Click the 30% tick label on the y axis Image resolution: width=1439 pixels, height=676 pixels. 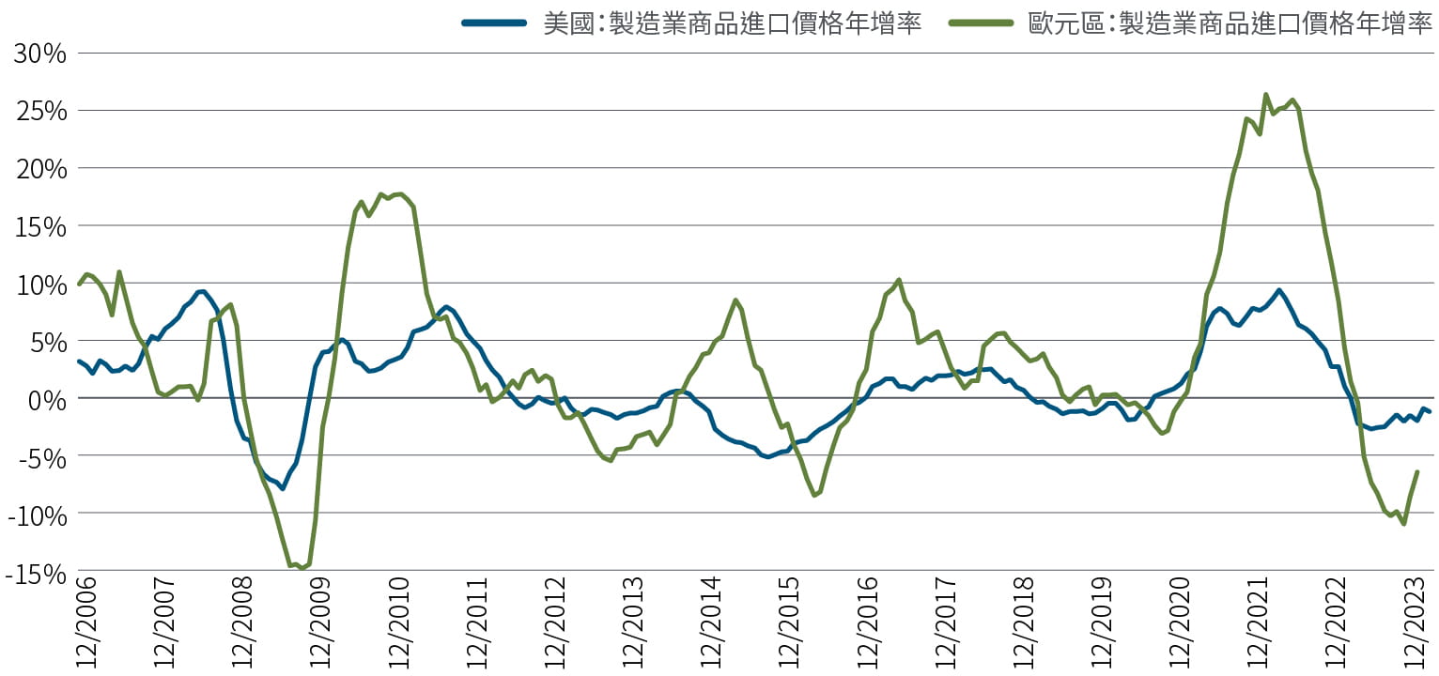40,54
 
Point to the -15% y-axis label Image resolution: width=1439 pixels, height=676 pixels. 36,572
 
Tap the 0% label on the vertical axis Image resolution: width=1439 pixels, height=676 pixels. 48,399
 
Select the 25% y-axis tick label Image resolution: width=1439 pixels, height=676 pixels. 40,111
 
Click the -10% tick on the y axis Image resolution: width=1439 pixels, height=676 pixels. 36,515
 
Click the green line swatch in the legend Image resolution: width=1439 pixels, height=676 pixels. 981,23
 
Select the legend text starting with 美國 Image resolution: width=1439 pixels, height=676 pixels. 733,23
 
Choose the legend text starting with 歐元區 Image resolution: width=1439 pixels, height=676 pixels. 1230,23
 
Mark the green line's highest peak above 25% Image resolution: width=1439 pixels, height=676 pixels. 1265,94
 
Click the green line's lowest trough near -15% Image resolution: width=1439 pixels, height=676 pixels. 302,568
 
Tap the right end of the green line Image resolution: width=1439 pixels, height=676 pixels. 1416,472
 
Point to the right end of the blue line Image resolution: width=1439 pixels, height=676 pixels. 1430,412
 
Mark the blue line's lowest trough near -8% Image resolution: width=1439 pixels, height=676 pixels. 282,488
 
